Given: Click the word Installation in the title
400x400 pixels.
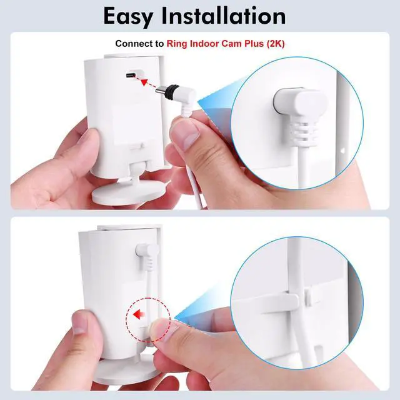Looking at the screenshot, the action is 224,16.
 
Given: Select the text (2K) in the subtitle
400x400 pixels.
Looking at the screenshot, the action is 275,44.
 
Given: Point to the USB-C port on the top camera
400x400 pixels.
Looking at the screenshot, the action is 132,75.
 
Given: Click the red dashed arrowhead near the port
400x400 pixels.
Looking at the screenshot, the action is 144,82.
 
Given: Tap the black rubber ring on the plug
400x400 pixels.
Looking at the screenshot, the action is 171,91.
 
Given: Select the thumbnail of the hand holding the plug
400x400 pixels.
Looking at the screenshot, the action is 186,132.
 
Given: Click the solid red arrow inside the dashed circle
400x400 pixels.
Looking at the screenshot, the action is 139,314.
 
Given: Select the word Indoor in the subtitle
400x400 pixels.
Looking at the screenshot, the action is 204,44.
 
